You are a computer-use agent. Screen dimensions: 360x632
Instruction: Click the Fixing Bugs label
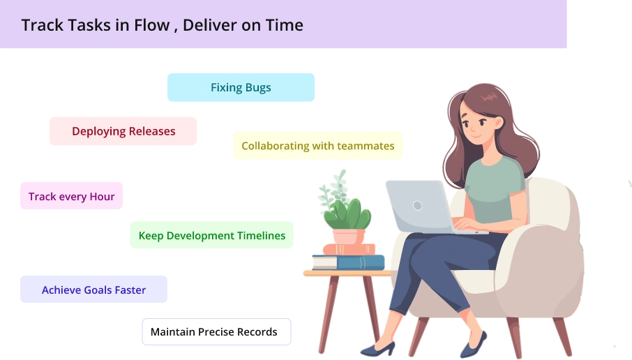pyautogui.click(x=241, y=89)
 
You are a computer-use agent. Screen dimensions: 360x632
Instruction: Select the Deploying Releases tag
pyautogui.click(x=123, y=131)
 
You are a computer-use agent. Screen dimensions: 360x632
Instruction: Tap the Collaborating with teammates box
pyautogui.click(x=317, y=146)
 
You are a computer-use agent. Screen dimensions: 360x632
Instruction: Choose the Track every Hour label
pyautogui.click(x=71, y=196)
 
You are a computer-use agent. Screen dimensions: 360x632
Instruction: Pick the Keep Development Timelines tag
pyautogui.click(x=211, y=235)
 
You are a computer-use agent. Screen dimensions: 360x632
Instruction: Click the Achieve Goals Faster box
pyautogui.click(x=93, y=290)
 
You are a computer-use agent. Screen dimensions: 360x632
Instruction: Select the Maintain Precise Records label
pyautogui.click(x=214, y=332)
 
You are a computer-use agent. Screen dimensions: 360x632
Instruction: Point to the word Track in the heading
pyautogui.click(x=41, y=25)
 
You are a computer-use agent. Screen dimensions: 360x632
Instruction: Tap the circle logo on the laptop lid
pyautogui.click(x=417, y=205)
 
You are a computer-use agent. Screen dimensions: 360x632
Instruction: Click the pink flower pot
pyautogui.click(x=349, y=235)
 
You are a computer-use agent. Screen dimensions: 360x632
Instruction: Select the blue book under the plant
pyautogui.click(x=349, y=262)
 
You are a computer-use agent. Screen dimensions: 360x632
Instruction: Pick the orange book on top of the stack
pyautogui.click(x=349, y=248)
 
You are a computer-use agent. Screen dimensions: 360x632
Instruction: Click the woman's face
pyautogui.click(x=478, y=126)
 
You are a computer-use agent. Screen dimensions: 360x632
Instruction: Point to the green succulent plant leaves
pyautogui.click(x=347, y=213)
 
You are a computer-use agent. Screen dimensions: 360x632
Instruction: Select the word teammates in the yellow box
pyautogui.click(x=366, y=146)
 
